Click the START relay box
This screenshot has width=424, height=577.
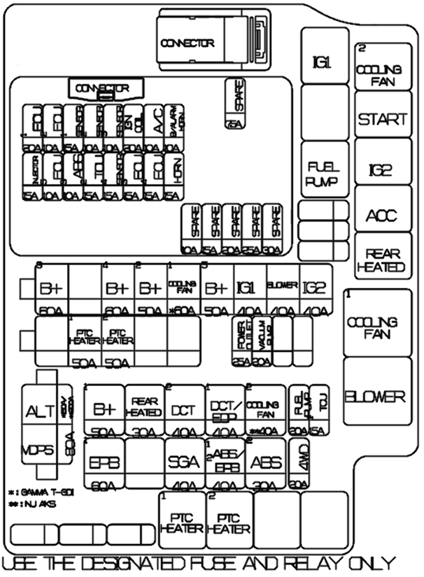382,119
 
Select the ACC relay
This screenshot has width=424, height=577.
381,215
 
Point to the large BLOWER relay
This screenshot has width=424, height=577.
379,397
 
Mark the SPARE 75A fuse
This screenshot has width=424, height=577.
235,105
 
